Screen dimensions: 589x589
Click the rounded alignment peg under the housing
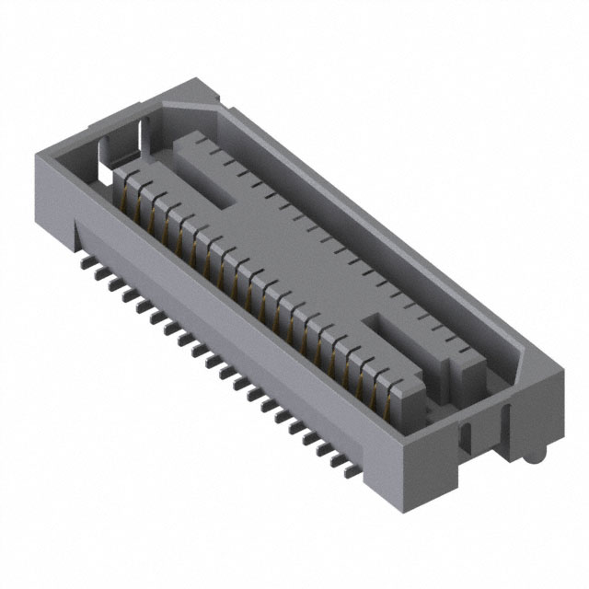pyautogui.click(x=532, y=450)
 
